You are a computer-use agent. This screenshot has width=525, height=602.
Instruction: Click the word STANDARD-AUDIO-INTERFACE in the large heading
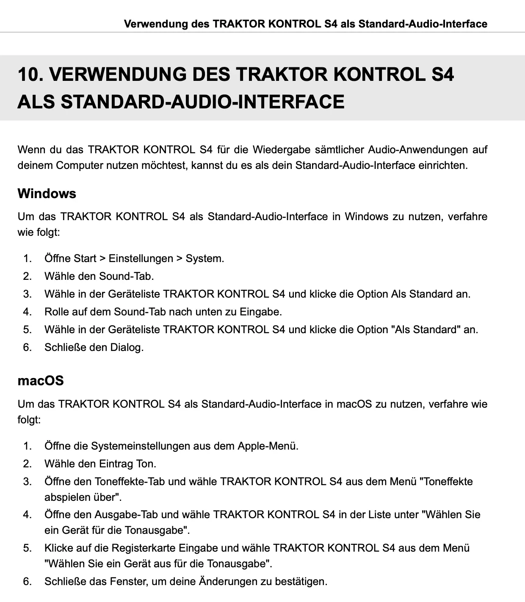click(x=202, y=102)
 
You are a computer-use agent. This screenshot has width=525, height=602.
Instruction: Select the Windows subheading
click(x=47, y=193)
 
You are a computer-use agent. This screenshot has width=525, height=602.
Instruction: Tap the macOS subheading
click(x=41, y=380)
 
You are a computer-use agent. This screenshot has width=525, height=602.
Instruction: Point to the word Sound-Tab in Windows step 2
click(x=126, y=276)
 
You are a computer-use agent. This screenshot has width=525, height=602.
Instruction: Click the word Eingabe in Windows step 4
click(x=260, y=312)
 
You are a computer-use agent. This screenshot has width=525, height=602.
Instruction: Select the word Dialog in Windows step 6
click(x=127, y=348)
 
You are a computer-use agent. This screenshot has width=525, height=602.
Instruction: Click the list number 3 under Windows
click(x=27, y=294)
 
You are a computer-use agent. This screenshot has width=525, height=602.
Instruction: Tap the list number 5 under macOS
click(x=27, y=548)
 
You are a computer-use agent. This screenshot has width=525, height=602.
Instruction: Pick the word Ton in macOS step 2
click(x=146, y=464)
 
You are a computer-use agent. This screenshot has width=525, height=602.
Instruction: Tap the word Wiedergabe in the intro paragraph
click(x=277, y=149)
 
